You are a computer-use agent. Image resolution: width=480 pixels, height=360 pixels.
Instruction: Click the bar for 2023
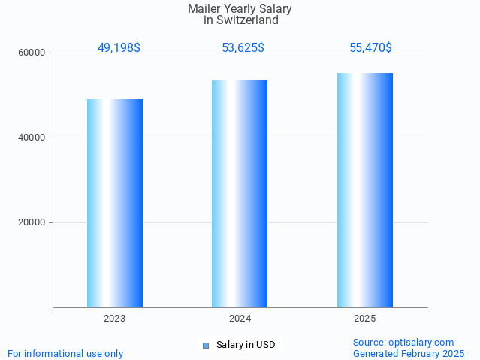[x=115, y=203]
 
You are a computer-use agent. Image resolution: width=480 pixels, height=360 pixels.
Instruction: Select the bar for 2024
[x=240, y=194]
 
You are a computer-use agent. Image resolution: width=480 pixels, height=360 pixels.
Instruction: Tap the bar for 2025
[x=365, y=190]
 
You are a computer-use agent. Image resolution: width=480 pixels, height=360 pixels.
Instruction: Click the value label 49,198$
[x=119, y=48]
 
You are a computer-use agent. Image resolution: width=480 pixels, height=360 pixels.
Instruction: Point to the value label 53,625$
[x=243, y=48]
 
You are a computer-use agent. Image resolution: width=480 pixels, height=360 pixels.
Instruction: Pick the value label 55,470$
[x=370, y=48]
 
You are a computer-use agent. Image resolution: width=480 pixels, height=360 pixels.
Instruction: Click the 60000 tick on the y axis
[x=32, y=53]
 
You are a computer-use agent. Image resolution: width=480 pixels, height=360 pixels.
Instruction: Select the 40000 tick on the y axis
[x=32, y=138]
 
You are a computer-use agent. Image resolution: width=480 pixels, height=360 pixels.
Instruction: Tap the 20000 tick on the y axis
[x=32, y=223]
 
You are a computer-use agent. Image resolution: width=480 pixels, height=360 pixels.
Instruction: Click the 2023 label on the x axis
[x=115, y=319]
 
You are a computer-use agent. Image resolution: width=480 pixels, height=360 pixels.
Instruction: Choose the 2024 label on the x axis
[x=240, y=319]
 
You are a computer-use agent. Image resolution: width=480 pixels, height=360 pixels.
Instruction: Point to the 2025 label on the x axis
[x=365, y=319]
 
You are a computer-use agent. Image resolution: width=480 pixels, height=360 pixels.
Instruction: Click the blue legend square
[x=206, y=346]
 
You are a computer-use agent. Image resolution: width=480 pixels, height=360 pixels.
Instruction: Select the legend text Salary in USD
[x=246, y=346]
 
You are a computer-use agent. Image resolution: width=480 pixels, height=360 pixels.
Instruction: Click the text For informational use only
[x=65, y=354]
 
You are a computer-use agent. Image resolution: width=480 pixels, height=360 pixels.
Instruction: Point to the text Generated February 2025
[x=409, y=354]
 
